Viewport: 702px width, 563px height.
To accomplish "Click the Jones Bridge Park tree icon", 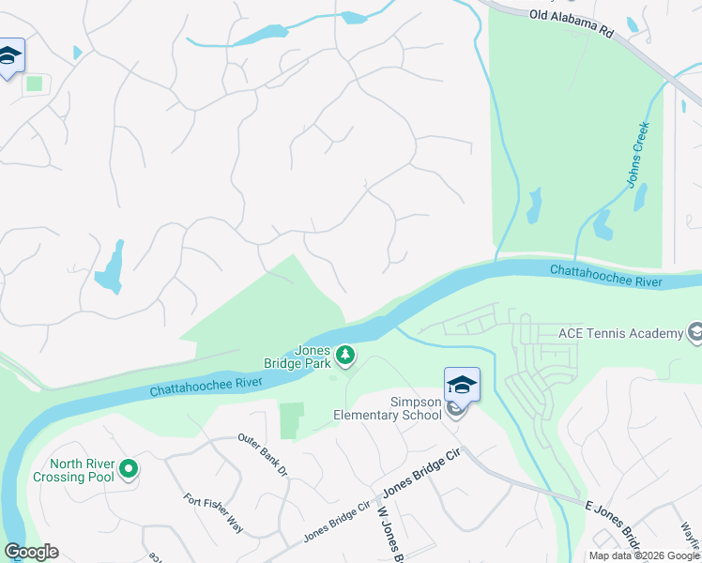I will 346,355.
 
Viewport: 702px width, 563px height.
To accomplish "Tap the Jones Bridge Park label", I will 313,357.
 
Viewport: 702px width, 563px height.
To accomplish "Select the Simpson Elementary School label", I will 388,408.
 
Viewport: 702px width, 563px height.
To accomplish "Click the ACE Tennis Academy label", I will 620,333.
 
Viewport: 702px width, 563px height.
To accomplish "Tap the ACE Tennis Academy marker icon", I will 694,333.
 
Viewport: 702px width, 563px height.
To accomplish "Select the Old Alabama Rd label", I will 571,23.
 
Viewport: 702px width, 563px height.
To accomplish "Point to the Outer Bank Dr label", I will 261,454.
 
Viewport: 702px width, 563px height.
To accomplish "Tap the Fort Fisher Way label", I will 213,514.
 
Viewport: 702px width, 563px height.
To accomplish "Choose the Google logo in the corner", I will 31,552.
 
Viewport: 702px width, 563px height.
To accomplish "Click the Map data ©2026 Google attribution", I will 645,555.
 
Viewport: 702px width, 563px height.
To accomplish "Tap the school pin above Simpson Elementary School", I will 461,386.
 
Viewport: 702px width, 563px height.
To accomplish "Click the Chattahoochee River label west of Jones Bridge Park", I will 205,386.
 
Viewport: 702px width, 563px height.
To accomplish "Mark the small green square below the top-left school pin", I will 35,84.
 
